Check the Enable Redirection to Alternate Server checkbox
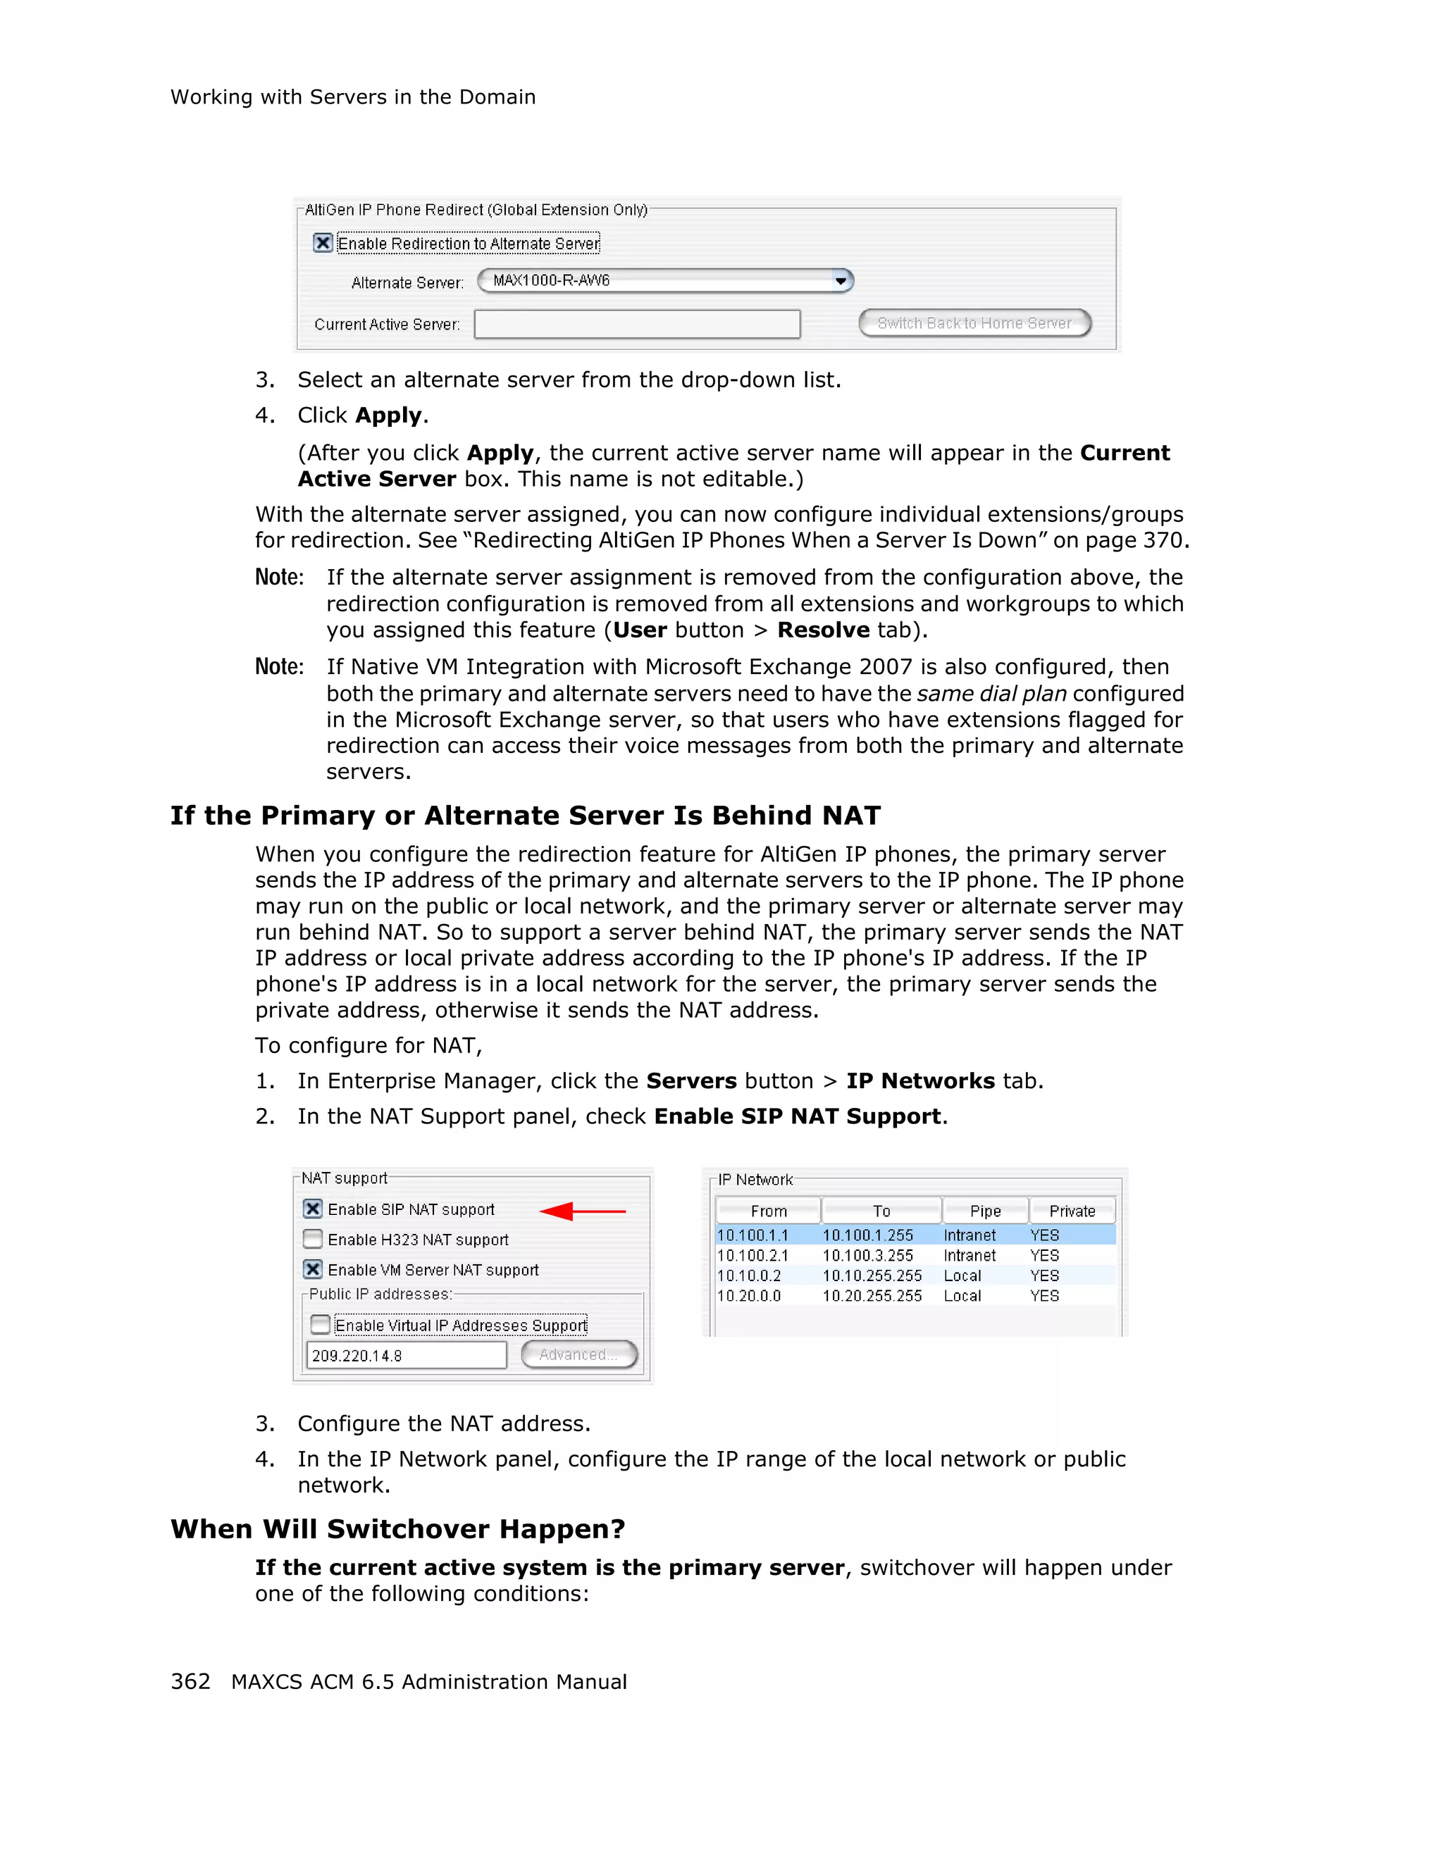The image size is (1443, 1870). pyautogui.click(x=323, y=243)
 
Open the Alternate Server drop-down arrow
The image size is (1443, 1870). pyautogui.click(x=841, y=281)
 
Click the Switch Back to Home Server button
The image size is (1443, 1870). pyautogui.click(x=974, y=323)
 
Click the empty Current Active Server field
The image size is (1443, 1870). pyautogui.click(x=637, y=325)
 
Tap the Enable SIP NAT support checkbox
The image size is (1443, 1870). pyautogui.click(x=314, y=1209)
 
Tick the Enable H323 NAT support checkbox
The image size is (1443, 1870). pyautogui.click(x=314, y=1239)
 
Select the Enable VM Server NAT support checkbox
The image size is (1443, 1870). pyautogui.click(x=314, y=1269)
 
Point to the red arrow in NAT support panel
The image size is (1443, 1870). pyautogui.click(x=582, y=1211)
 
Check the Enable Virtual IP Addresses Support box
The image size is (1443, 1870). pyautogui.click(x=321, y=1325)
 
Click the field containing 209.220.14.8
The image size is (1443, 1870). pyautogui.click(x=406, y=1355)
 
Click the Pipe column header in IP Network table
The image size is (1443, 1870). pyautogui.click(x=985, y=1211)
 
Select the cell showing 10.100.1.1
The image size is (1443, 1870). pyautogui.click(x=753, y=1235)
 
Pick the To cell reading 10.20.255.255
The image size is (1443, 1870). pyautogui.click(x=872, y=1295)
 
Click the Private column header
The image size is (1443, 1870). pyautogui.click(x=1072, y=1211)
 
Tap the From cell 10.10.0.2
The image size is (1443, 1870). pyautogui.click(x=750, y=1275)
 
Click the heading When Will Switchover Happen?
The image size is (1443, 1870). pyautogui.click(x=397, y=1528)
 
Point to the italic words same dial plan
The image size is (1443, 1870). pyautogui.click(x=991, y=694)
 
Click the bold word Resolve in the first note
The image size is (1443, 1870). pyautogui.click(x=823, y=630)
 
